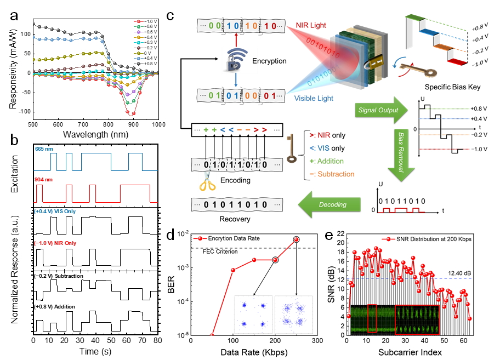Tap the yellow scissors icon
207,182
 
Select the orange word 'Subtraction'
336,174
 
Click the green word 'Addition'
330,161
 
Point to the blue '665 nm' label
43,148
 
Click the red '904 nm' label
43,179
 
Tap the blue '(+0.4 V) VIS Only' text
54,211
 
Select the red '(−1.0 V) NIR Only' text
55,243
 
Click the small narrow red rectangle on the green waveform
372,318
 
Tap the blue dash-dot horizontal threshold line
450,278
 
